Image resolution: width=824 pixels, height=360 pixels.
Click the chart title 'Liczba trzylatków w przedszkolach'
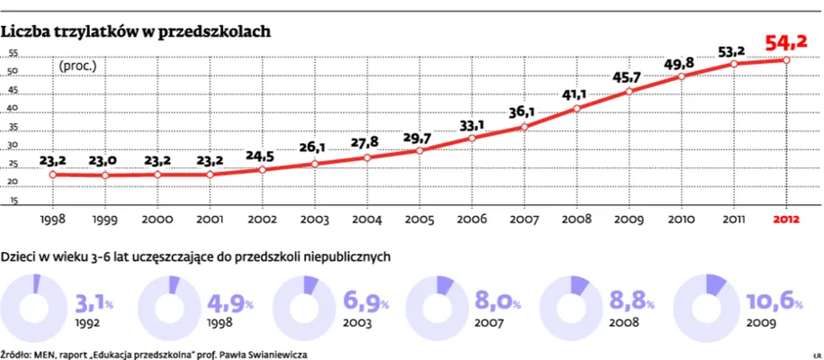coord(136,31)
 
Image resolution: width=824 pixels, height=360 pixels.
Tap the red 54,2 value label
coord(785,42)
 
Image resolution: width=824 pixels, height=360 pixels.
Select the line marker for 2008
coord(577,109)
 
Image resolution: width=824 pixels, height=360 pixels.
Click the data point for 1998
coord(53,174)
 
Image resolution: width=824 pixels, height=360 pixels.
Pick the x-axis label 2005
coord(419,219)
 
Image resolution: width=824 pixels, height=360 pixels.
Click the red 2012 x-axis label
coord(785,219)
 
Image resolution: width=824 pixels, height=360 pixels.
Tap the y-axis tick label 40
coord(13,109)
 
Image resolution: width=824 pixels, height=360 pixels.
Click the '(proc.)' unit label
coord(77,65)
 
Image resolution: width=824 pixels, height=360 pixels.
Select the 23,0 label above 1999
coord(104,160)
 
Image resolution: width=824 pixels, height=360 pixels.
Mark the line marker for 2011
coord(734,64)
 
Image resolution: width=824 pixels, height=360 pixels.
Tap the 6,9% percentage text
coord(361,301)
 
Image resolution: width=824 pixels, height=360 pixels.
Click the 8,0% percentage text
coord(496,301)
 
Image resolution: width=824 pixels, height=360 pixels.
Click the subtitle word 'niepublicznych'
coord(346,256)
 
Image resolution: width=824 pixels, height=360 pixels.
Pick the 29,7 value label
coord(419,136)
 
